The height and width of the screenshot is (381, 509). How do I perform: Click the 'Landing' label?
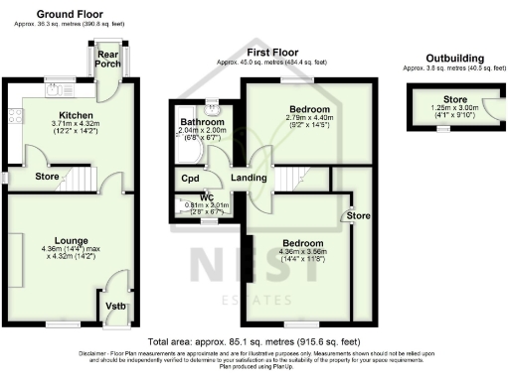(x=248, y=178)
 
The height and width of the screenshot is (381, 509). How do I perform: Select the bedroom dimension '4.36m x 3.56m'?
(x=301, y=251)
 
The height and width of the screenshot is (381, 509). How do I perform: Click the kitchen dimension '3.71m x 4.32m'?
(x=70, y=124)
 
